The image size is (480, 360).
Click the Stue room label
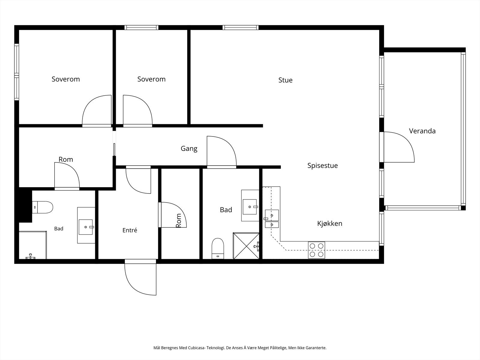click(285, 80)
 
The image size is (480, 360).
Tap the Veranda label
click(422, 131)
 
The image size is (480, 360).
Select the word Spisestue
click(322, 166)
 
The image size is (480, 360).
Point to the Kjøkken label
click(330, 223)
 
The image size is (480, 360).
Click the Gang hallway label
click(189, 149)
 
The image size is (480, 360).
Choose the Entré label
click(130, 230)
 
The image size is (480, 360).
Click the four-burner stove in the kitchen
click(316, 250)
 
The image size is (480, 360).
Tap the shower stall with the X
click(246, 246)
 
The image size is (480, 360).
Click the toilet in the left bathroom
click(43, 207)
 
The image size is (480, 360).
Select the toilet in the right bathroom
click(218, 248)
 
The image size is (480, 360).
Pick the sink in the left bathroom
click(86, 227)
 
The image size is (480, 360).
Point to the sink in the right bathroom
click(250, 207)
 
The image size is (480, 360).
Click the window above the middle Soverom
click(142, 28)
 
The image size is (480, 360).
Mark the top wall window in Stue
click(241, 28)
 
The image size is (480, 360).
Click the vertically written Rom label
click(179, 220)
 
